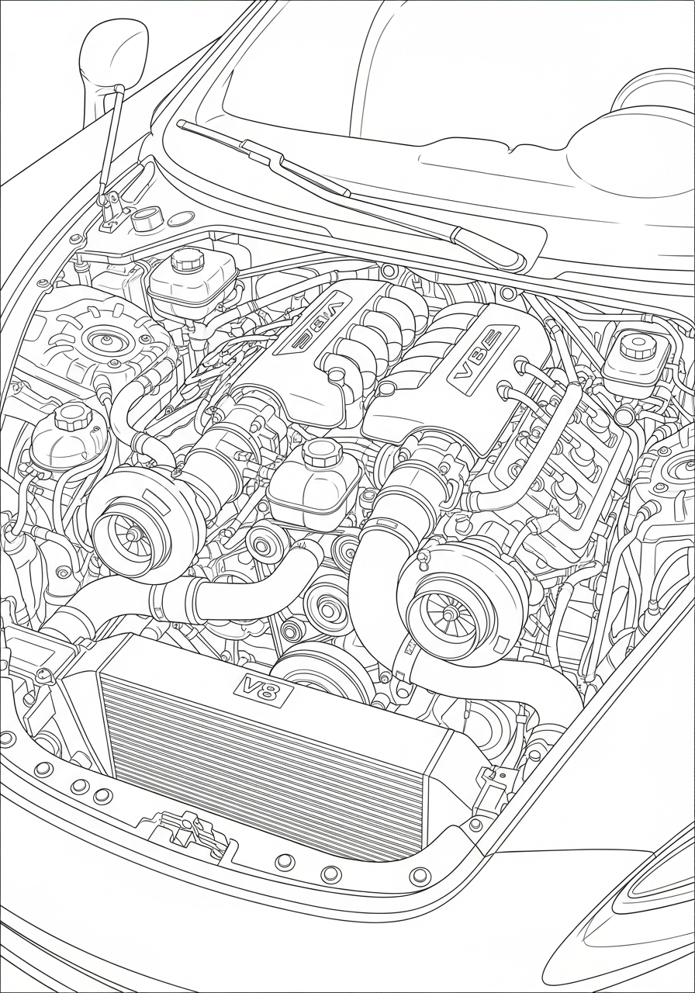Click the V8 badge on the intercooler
pos(263,688)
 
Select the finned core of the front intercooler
pos(264,760)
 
